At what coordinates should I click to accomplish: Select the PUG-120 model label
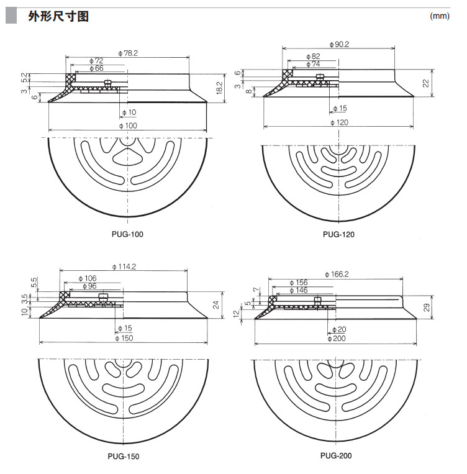pyautogui.click(x=338, y=234)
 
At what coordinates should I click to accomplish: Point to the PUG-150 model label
pyautogui.click(x=124, y=457)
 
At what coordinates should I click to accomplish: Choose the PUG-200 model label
pyautogui.click(x=336, y=455)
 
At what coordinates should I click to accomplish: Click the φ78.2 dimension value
pyautogui.click(x=127, y=53)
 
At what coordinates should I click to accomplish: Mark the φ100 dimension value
pyautogui.click(x=128, y=126)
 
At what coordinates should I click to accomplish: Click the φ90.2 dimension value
pyautogui.click(x=341, y=45)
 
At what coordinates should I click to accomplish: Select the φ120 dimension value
pyautogui.click(x=340, y=123)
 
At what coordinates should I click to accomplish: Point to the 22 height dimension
pyautogui.click(x=425, y=83)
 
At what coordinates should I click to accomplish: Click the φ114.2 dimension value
pyautogui.click(x=125, y=267)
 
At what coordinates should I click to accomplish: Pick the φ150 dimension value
pyautogui.click(x=125, y=338)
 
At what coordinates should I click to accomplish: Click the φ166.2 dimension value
pyautogui.click(x=337, y=274)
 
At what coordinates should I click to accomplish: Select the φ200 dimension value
pyautogui.click(x=338, y=338)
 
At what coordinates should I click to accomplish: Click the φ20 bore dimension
pyautogui.click(x=339, y=329)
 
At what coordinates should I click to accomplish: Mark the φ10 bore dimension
pyautogui.click(x=129, y=112)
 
